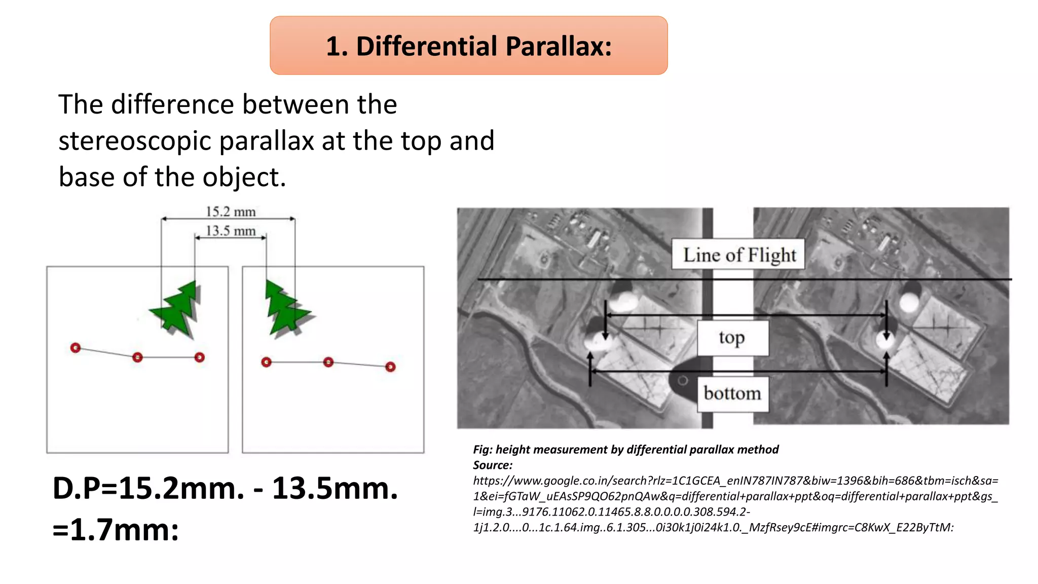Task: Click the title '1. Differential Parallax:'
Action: (468, 46)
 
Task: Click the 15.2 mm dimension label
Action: (231, 212)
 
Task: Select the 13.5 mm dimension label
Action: (231, 231)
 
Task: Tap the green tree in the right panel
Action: (285, 309)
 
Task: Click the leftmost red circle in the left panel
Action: (76, 348)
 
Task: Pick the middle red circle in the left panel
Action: (137, 357)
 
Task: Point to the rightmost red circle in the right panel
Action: (390, 367)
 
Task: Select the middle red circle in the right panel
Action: (328, 362)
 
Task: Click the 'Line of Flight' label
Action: (739, 254)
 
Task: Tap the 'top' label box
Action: (732, 338)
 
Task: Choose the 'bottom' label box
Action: (732, 393)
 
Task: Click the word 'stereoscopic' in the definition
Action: (134, 141)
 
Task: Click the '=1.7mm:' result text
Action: (116, 530)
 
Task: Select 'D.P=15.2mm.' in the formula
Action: (148, 489)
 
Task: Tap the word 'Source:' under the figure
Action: (493, 465)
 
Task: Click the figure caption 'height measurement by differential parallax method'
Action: (637, 450)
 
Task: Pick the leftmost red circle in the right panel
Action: (267, 362)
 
